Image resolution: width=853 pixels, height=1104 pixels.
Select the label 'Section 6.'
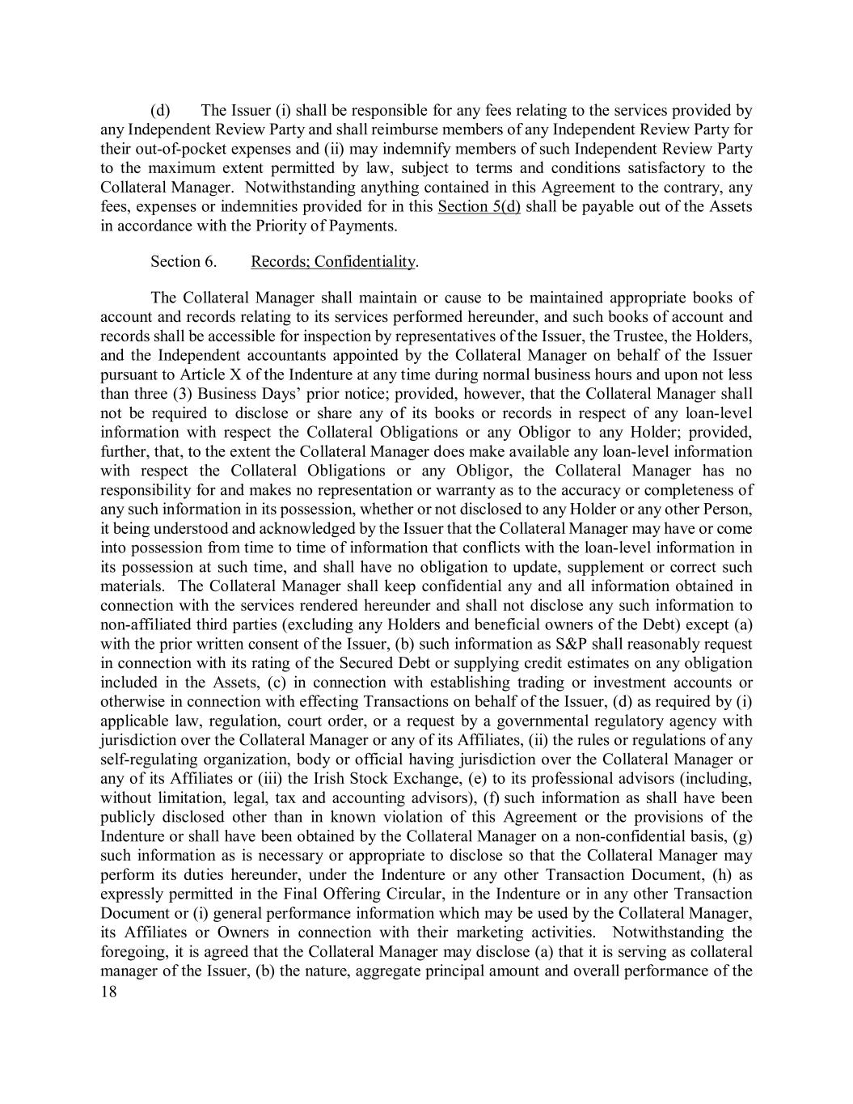175,261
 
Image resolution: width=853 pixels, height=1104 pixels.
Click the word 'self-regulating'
148,759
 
